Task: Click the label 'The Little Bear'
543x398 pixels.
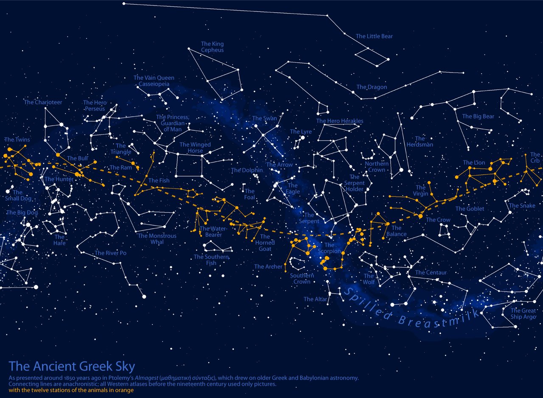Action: pos(374,36)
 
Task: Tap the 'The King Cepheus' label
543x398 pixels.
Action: pos(212,47)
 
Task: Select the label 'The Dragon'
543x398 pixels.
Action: pos(372,87)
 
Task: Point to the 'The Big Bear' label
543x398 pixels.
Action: pos(478,116)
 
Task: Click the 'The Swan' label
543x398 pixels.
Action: pos(264,118)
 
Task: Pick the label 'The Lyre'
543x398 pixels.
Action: pos(301,132)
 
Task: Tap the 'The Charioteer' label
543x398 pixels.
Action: pos(43,102)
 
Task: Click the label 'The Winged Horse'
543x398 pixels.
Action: pos(195,148)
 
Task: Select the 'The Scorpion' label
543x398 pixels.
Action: pos(329,248)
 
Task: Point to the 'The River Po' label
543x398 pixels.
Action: pos(110,253)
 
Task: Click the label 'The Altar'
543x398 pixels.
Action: pos(315,299)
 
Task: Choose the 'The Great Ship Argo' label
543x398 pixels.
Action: pos(523,314)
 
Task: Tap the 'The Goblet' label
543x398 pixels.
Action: pos(470,209)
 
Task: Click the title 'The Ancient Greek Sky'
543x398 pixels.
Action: pos(72,366)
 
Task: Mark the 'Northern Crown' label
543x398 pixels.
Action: pos(377,167)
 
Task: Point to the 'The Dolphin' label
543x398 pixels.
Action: pos(247,170)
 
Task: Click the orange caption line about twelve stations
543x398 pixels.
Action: pos(71,390)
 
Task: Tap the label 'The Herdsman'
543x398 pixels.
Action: pos(420,141)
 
